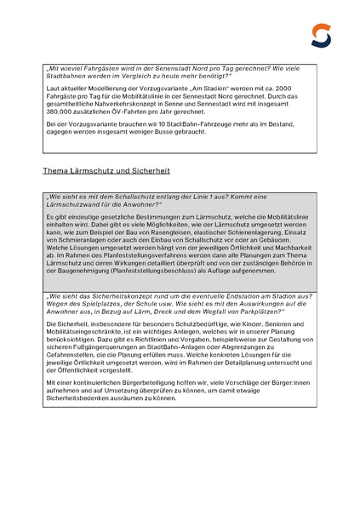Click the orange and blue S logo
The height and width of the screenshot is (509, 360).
point(320,35)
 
